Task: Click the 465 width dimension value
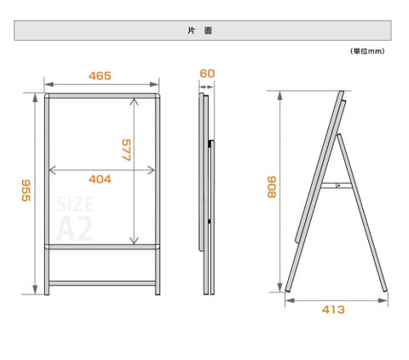(100, 76)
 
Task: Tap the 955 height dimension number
(26, 191)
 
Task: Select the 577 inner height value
(126, 150)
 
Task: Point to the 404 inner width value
(100, 180)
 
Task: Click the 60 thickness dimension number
(207, 73)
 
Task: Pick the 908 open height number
(272, 187)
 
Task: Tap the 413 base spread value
(333, 310)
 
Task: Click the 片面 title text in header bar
(200, 31)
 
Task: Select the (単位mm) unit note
(367, 51)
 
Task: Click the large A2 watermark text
(75, 228)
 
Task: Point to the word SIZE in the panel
(75, 204)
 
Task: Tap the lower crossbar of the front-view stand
(102, 283)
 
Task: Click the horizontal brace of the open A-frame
(337, 186)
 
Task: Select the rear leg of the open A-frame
(362, 213)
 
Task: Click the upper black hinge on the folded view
(210, 144)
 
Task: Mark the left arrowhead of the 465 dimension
(49, 84)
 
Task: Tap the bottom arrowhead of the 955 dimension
(35, 289)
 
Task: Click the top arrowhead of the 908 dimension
(280, 96)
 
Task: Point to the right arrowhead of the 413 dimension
(383, 300)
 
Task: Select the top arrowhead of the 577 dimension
(134, 101)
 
